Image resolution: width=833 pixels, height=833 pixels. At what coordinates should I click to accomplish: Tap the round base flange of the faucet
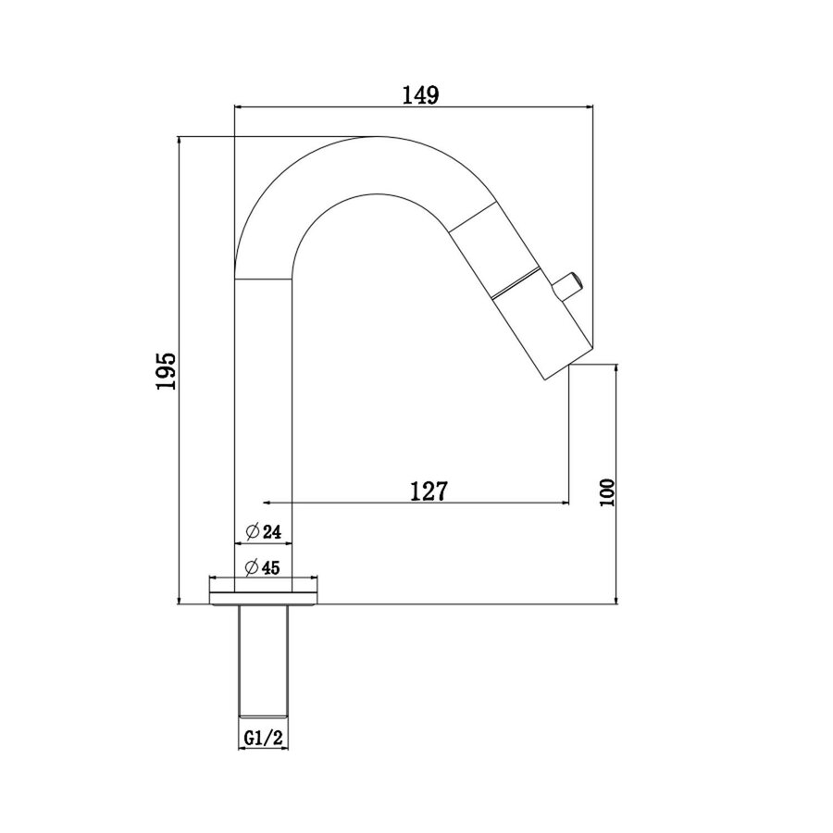(265, 591)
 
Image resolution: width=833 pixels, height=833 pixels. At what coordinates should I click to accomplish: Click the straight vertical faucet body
(265, 416)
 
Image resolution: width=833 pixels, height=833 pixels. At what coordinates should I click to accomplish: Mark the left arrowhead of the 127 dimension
(269, 503)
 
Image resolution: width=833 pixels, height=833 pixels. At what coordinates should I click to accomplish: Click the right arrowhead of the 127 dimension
(563, 503)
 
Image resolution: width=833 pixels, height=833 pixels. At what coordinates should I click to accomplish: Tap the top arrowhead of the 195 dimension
(179, 142)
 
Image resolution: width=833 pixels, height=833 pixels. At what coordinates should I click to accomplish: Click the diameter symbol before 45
(251, 567)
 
